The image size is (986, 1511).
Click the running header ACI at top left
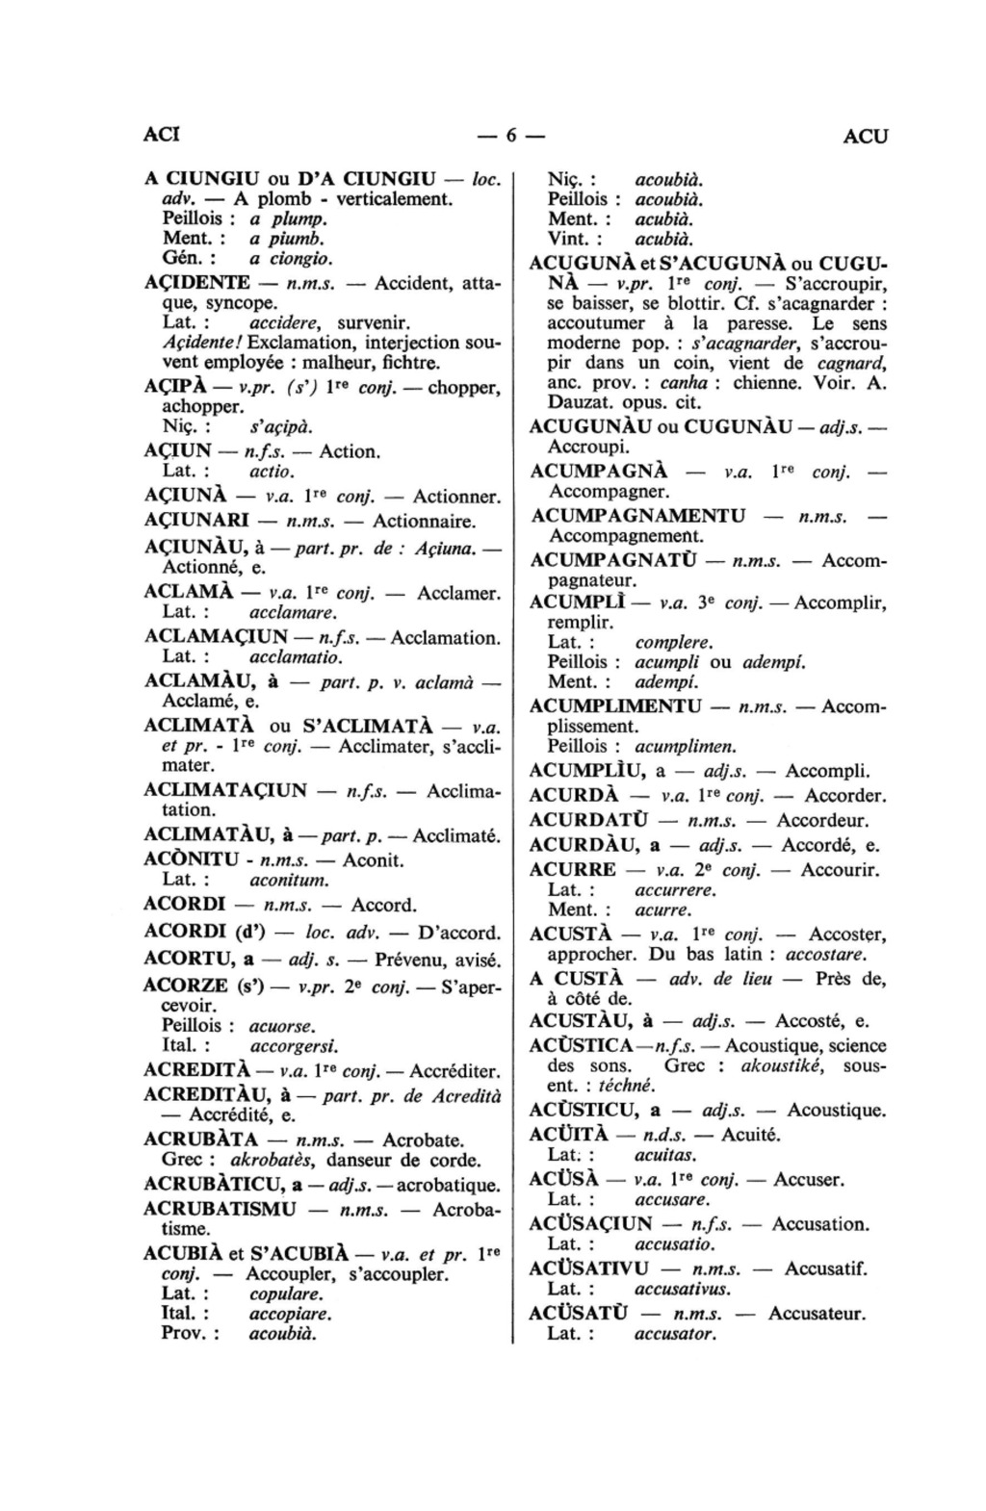(161, 135)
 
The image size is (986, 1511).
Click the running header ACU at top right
(865, 137)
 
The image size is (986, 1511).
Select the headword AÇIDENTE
(197, 283)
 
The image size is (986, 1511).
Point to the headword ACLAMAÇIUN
(215, 637)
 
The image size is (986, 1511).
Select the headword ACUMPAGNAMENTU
(638, 516)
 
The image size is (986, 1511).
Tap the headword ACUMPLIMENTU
(616, 706)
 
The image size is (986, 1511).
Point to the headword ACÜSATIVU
(589, 1268)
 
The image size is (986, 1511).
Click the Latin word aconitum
(289, 880)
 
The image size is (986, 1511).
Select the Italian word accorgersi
(294, 1046)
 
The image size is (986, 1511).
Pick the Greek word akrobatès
(274, 1161)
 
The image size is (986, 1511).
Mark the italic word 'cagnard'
(851, 363)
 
